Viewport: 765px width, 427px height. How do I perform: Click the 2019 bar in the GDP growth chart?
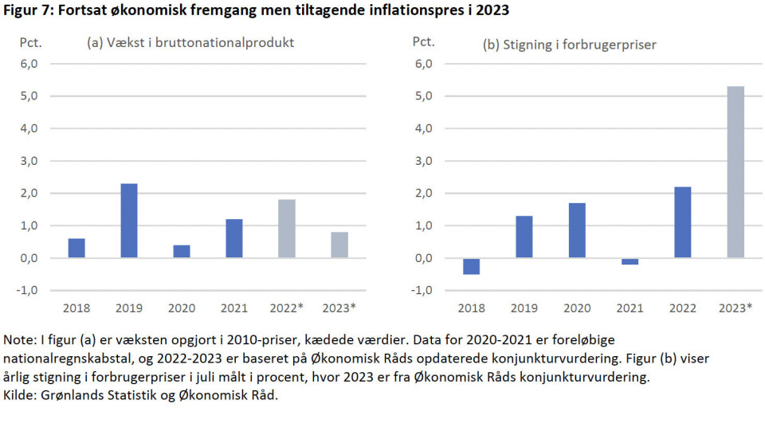[x=129, y=221]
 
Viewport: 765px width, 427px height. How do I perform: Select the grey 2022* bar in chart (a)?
[x=287, y=229]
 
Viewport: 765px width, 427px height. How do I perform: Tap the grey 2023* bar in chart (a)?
[x=339, y=245]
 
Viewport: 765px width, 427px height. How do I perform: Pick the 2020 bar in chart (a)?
[x=182, y=251]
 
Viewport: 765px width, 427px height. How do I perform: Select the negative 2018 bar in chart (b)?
[x=472, y=266]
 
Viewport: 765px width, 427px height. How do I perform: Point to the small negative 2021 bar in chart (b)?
[x=630, y=261]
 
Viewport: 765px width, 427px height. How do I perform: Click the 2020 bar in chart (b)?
[x=577, y=230]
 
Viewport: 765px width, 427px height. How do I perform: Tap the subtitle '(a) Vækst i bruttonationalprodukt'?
[x=190, y=43]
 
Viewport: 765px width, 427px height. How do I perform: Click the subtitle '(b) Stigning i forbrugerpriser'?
[x=570, y=45]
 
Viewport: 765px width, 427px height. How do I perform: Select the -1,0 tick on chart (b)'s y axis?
[x=422, y=290]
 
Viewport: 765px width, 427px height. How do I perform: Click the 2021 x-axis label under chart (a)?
[x=234, y=307]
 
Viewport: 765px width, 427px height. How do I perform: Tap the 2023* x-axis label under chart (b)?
[x=735, y=307]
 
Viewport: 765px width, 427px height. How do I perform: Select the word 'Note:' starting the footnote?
[x=19, y=339]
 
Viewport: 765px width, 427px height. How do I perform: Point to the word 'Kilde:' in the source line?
[x=21, y=396]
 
